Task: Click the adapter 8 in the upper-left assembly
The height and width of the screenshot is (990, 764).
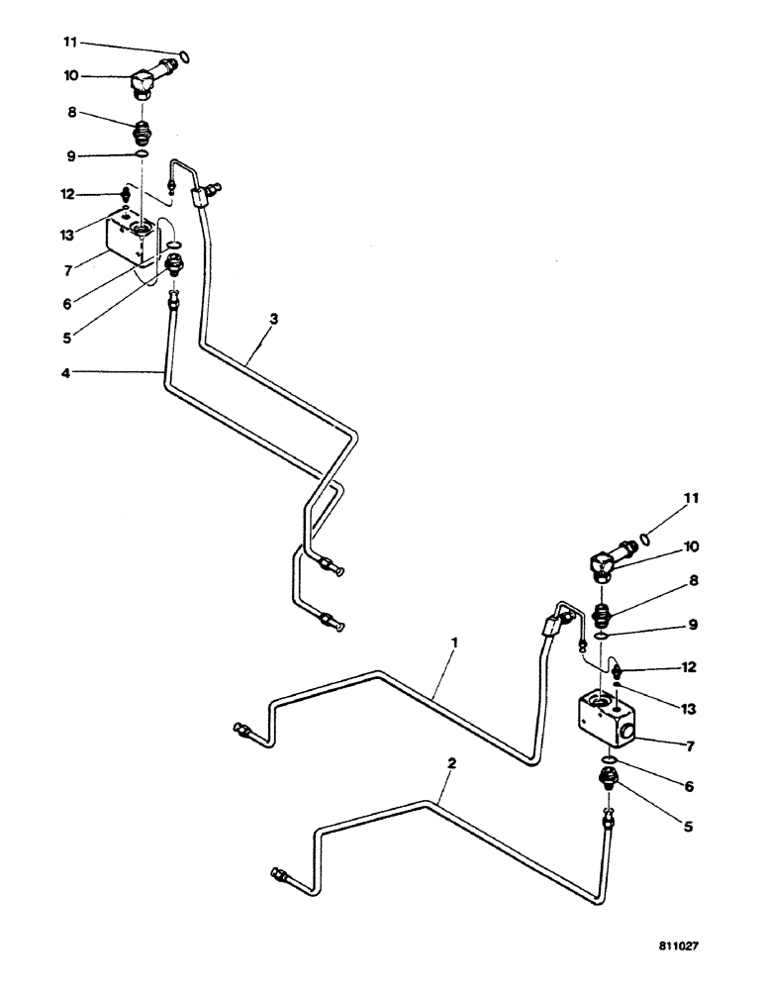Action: (x=143, y=128)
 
